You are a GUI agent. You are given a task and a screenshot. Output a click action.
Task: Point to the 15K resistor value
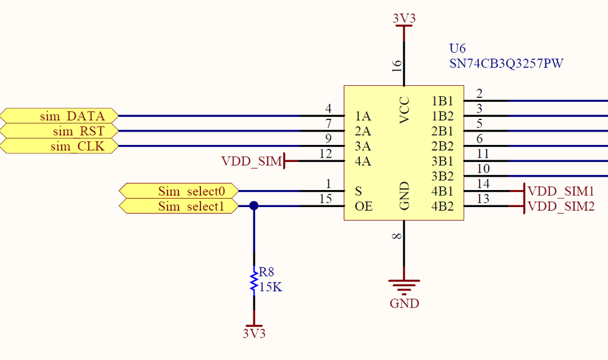pos(270,287)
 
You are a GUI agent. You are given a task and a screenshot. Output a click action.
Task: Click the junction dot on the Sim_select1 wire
pos(254,206)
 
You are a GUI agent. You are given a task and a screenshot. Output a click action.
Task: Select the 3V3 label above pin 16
pos(404,19)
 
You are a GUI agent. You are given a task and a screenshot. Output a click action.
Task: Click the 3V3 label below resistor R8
pos(254,334)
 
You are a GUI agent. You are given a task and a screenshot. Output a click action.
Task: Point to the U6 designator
pos(457,49)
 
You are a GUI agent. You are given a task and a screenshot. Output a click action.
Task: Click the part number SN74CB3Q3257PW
pos(506,63)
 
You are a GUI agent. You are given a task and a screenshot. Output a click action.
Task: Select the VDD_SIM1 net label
pos(560,191)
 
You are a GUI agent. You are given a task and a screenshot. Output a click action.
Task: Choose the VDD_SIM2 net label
pos(560,206)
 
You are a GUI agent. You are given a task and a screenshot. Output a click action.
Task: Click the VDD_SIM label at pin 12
pos(252,161)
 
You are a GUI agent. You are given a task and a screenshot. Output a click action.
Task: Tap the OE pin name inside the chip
pos(363,206)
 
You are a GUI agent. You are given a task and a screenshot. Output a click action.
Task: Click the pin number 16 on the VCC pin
pos(397,65)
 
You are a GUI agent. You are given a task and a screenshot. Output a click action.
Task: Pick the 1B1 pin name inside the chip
pos(442,101)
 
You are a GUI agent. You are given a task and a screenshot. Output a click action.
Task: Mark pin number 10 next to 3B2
pos(483,169)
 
